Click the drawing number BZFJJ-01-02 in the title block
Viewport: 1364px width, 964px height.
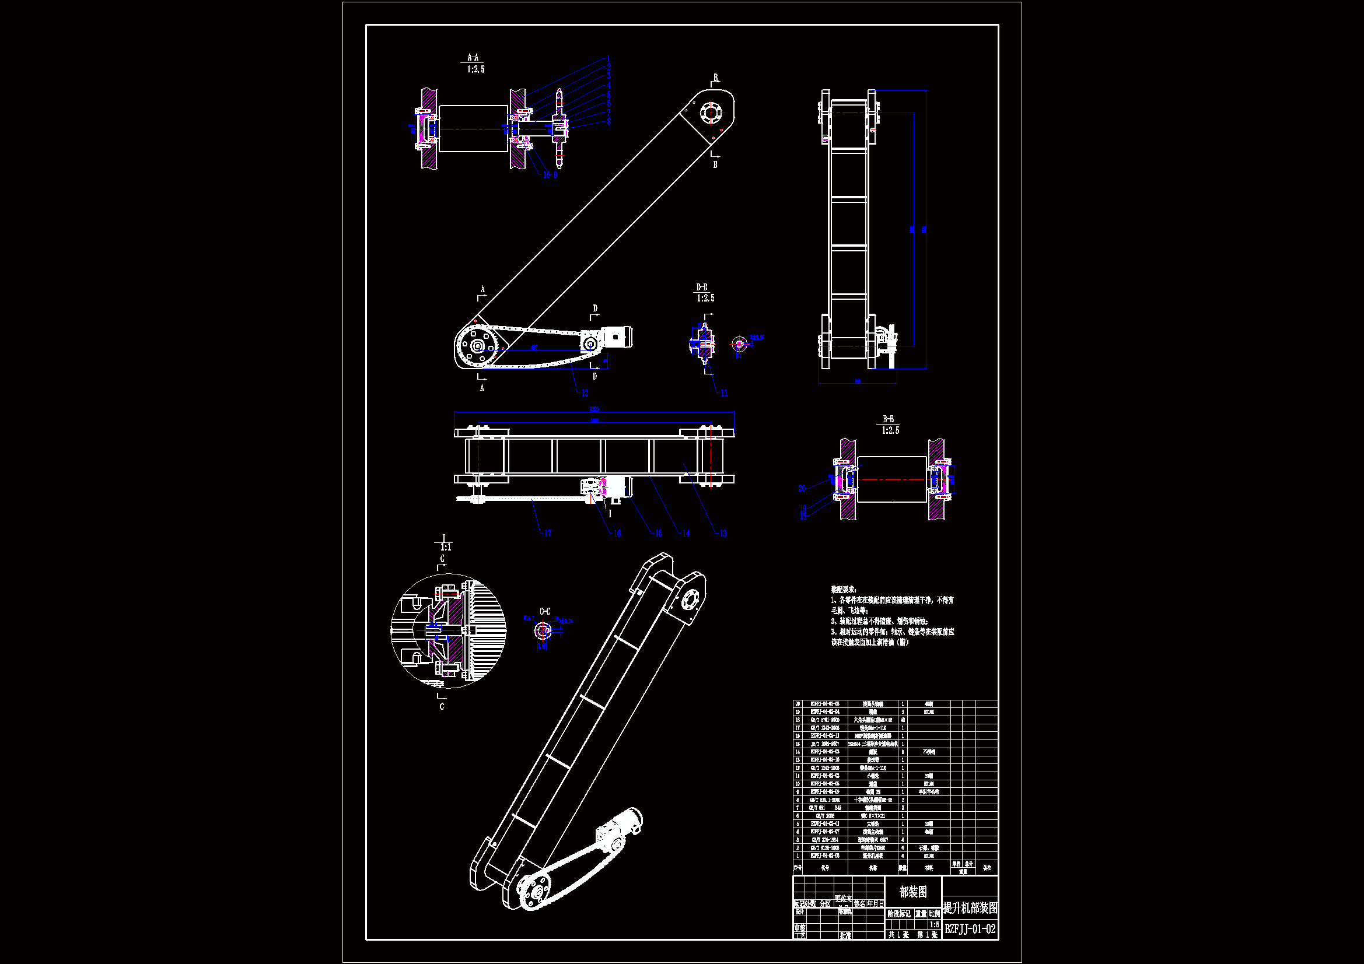[x=970, y=929]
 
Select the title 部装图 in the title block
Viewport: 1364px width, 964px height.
[x=913, y=892]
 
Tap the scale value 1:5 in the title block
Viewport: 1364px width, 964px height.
[x=934, y=924]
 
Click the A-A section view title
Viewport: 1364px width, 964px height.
[x=473, y=58]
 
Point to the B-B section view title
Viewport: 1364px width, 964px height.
[x=888, y=419]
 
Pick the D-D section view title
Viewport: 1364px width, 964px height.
[x=702, y=288]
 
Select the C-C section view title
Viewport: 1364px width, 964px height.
[x=545, y=611]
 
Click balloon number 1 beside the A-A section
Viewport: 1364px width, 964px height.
[x=608, y=59]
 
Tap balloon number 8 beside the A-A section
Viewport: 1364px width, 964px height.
[x=608, y=122]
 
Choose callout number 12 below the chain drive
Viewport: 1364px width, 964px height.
[x=585, y=393]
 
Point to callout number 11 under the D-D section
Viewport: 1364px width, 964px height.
[x=723, y=393]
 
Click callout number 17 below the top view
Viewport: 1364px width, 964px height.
[x=548, y=534]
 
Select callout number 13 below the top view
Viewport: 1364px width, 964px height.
[x=723, y=534]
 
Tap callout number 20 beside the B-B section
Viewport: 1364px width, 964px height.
[x=802, y=488]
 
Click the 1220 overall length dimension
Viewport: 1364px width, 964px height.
[x=594, y=409]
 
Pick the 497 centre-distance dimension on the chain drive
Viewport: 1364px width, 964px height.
[x=534, y=348]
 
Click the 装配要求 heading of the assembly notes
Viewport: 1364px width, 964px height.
[x=844, y=589]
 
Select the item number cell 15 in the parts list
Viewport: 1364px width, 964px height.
[x=798, y=744]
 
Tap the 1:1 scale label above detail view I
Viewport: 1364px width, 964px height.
[x=446, y=547]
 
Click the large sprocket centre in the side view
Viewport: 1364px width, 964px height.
[x=477, y=347]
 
